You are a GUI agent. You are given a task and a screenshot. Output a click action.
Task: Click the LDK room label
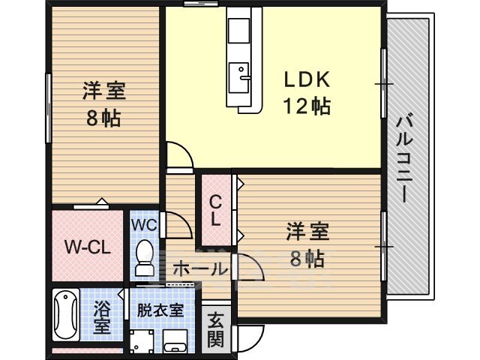click(x=307, y=79)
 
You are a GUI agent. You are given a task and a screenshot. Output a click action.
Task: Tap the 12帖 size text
click(x=307, y=106)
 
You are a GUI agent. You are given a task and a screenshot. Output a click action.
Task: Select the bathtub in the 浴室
click(x=65, y=314)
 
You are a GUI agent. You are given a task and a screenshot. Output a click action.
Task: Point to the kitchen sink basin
click(x=239, y=76)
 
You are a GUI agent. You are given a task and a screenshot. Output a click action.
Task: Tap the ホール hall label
click(x=200, y=269)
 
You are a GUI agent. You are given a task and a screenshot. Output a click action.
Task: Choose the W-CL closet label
click(x=87, y=247)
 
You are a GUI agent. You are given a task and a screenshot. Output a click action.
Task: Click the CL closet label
click(x=215, y=211)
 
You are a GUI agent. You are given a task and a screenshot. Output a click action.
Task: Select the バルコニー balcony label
click(x=406, y=157)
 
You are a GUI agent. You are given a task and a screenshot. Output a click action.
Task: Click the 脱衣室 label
click(x=160, y=310)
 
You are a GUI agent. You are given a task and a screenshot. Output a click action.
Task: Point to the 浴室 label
click(x=102, y=317)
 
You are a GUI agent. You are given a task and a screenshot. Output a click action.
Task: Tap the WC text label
click(x=144, y=225)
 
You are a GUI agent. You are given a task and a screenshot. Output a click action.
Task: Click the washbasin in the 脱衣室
click(x=175, y=342)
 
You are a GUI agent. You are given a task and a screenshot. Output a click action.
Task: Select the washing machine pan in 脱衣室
click(x=142, y=342)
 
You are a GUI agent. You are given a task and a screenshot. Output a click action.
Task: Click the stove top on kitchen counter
click(x=238, y=31)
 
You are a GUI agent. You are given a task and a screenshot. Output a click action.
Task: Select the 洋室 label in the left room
click(x=104, y=91)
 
